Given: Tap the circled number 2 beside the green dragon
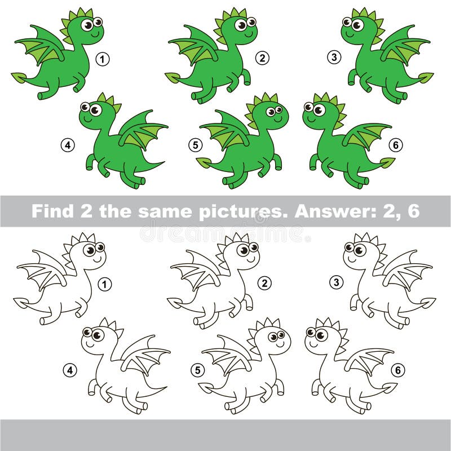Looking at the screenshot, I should pos(262,58).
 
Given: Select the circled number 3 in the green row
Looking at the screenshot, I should pos(334,56).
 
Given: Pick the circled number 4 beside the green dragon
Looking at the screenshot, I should pos(68,145).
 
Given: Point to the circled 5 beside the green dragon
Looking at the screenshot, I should pos(195,145).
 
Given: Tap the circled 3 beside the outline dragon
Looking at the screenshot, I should pos(336,282).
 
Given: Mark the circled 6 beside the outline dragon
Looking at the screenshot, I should pos(398,370).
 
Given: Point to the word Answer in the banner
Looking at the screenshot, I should pos(331,211).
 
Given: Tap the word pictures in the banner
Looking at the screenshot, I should pos(225,211).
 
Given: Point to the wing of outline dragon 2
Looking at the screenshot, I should pos(195,271).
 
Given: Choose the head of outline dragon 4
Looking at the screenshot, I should pos(96,338).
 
